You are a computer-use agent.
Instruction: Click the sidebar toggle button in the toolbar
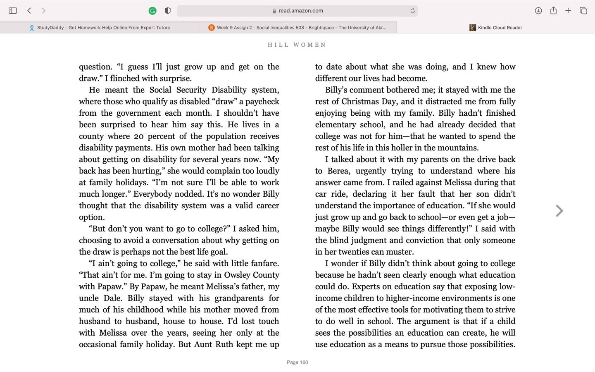13,11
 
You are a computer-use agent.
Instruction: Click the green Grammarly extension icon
152,11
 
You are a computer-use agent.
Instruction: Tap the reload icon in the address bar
412,11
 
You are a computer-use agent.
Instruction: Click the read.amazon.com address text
300,11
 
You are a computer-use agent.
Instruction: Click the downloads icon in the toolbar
538,11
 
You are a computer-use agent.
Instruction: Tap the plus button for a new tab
568,11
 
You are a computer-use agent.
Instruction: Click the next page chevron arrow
559,211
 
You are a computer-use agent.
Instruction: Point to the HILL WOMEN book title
297,45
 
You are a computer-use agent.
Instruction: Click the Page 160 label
297,362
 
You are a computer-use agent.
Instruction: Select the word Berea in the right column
339,171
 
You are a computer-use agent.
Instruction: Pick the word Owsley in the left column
238,275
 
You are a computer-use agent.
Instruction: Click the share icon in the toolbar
553,11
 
